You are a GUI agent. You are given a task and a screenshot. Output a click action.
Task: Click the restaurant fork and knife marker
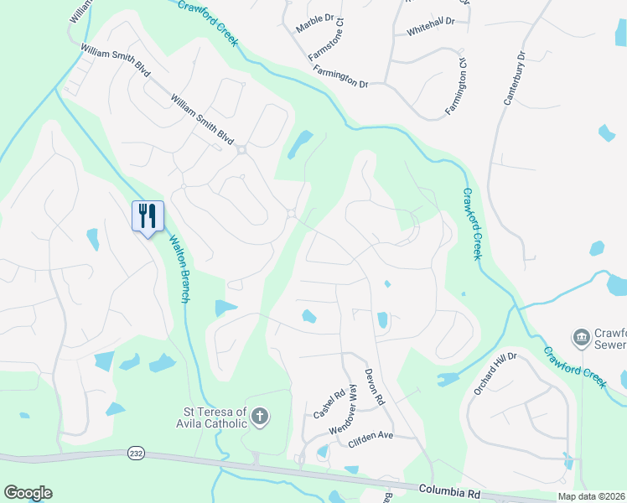(148, 216)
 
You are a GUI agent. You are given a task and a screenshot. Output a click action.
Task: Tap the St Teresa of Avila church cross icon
(260, 417)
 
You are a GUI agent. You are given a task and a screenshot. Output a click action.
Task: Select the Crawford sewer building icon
(580, 338)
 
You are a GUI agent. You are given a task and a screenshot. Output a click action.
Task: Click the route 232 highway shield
(137, 453)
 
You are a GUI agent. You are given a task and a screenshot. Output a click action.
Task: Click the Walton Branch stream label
(182, 263)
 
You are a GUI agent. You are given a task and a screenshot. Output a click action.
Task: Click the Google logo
(28, 493)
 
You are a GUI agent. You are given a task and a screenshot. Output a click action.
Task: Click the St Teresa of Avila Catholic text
(215, 417)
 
